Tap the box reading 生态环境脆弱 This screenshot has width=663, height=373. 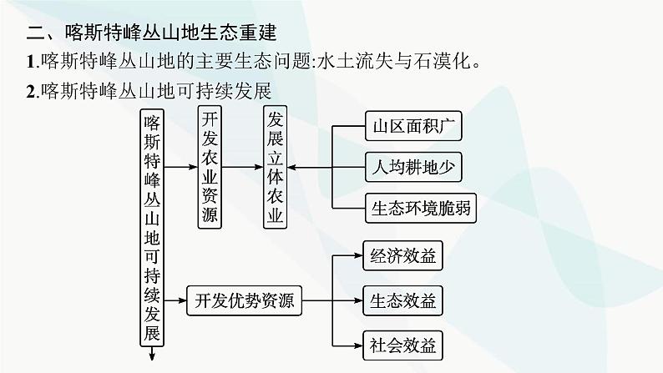pos(421,209)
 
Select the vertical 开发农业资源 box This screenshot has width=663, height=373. pos(210,167)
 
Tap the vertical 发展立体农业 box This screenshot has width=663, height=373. pos(274,167)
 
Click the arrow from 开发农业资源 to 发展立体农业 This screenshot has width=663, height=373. pos(243,167)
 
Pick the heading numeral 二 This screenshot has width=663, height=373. pos(35,34)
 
